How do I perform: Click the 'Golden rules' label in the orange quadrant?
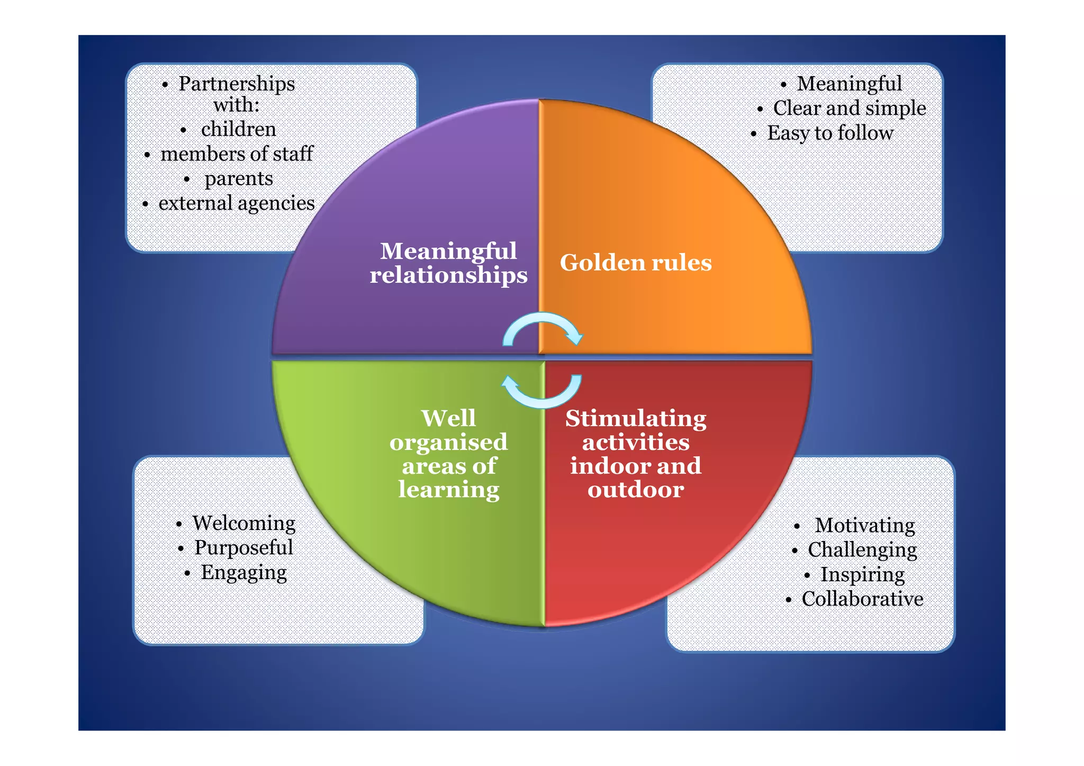click(x=636, y=263)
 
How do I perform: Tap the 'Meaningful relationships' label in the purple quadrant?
click(x=448, y=263)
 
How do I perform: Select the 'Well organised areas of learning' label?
click(x=448, y=454)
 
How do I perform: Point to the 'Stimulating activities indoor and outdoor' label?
click(x=636, y=454)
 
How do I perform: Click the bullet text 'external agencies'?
click(x=236, y=203)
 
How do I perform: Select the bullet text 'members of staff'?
click(x=237, y=154)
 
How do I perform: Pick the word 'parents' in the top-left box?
click(x=239, y=179)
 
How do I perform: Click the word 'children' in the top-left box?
click(x=239, y=129)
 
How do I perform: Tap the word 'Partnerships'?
click(x=237, y=84)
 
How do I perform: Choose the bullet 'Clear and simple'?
click(x=849, y=109)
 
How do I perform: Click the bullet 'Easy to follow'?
click(x=830, y=133)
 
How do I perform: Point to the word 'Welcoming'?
click(x=244, y=523)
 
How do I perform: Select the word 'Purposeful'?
click(x=243, y=547)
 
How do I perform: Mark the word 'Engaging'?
click(x=244, y=572)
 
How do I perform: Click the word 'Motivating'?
click(x=864, y=525)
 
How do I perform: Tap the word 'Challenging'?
click(x=862, y=550)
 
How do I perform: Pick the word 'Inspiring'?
click(x=862, y=574)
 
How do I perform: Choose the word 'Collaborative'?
click(x=862, y=599)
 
